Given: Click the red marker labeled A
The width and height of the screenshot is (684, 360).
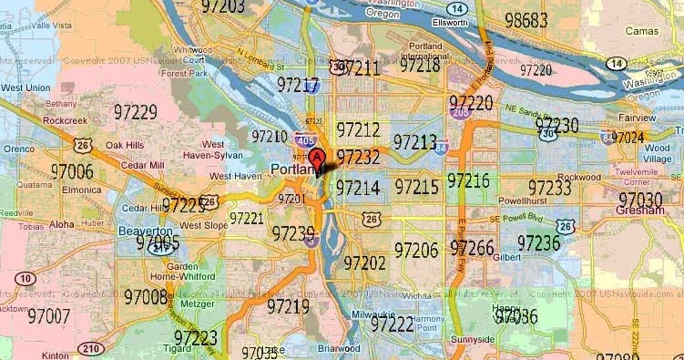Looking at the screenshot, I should click(x=317, y=160).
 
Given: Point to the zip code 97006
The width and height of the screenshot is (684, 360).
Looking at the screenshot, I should click(x=73, y=171).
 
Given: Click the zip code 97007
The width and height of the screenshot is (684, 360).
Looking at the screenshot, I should click(x=49, y=316).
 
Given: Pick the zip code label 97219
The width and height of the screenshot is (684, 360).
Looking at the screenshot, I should click(x=289, y=306).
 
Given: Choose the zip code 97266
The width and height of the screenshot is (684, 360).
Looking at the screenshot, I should click(x=472, y=248).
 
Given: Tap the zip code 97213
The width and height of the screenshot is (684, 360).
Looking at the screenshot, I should click(x=415, y=143).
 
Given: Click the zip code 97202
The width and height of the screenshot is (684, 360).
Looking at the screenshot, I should click(x=365, y=263).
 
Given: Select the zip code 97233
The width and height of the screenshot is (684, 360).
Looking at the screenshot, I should click(x=549, y=188).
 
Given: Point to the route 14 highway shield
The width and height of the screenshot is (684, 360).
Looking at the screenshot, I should click(x=616, y=63).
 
